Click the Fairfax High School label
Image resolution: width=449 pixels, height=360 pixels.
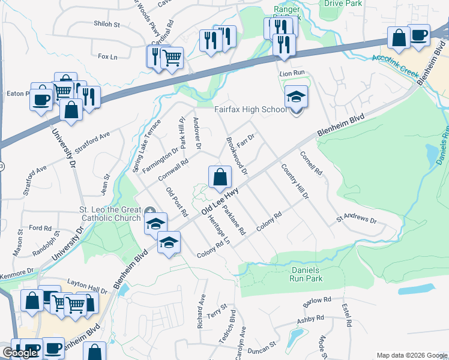250,110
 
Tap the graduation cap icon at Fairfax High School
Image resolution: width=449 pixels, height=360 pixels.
296,96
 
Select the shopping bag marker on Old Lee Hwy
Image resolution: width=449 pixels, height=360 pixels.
220,177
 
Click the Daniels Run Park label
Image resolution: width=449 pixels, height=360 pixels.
298,274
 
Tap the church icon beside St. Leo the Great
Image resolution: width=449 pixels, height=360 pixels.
150,210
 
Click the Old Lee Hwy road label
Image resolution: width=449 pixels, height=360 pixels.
220,202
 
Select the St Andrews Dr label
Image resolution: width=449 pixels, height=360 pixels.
356,219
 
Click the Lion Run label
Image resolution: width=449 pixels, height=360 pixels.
294,73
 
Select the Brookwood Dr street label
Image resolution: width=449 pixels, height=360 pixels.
237,155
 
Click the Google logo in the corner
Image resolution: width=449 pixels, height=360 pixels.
19,353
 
